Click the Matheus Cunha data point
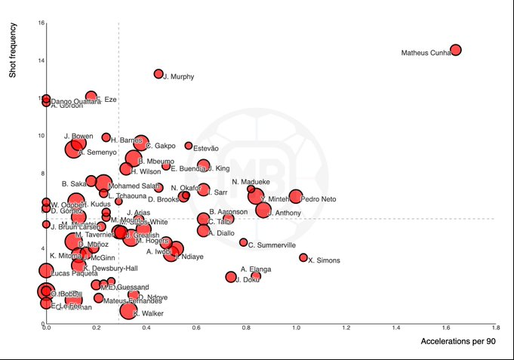coord(455,50)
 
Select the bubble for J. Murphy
coord(159,74)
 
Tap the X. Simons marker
coord(303,257)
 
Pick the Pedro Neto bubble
coord(296,196)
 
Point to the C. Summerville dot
coord(243,242)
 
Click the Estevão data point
coord(189,146)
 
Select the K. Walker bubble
coord(128,310)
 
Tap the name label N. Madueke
coord(251,182)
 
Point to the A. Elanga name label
coord(255,269)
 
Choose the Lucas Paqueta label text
coord(74,272)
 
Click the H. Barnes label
coord(126,140)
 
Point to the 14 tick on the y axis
coord(39,60)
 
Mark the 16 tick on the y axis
coord(39,23)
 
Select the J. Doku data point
coord(231,277)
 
